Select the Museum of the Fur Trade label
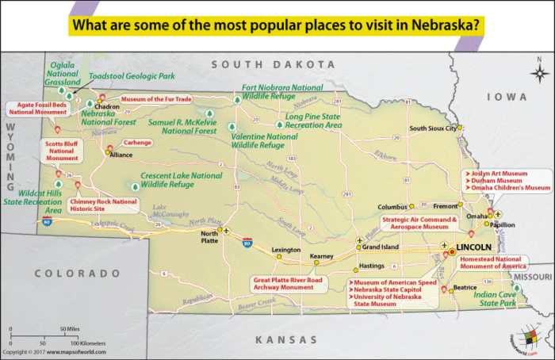coord(157,99)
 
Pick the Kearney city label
coord(321,256)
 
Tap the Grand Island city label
coord(380,247)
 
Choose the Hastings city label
coord(372,266)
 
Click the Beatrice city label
coord(465,287)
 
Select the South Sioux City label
coord(431,128)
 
